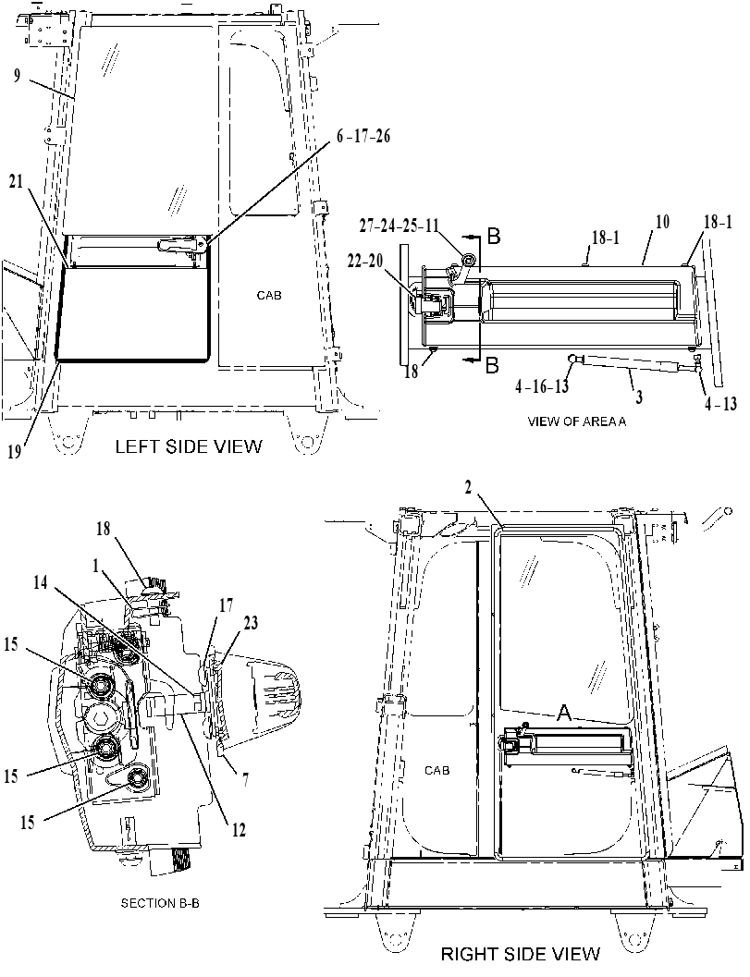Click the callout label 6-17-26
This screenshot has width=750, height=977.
click(x=363, y=136)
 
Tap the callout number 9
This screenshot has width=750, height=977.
click(x=17, y=76)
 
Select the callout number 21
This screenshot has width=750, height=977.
click(x=17, y=181)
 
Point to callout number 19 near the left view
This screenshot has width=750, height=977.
click(x=15, y=451)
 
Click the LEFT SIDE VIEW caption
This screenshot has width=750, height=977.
click(x=189, y=446)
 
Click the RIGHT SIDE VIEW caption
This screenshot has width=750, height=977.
click(x=521, y=954)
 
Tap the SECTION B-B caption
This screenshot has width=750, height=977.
click(x=160, y=903)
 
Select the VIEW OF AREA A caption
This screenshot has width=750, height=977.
click(x=577, y=421)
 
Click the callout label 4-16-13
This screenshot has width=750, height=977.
click(x=542, y=387)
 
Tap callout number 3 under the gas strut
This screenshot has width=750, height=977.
click(x=639, y=397)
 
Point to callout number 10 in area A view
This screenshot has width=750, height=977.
click(x=662, y=221)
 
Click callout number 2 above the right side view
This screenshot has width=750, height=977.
click(x=469, y=489)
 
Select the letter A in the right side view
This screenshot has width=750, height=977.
click(x=565, y=714)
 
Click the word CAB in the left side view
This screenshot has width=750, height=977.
click(x=269, y=296)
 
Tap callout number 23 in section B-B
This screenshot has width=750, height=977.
click(x=252, y=623)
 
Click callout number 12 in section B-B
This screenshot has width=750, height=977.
click(x=239, y=830)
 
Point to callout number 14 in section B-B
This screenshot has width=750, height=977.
click(x=41, y=583)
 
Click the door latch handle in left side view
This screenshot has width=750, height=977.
click(x=182, y=245)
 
